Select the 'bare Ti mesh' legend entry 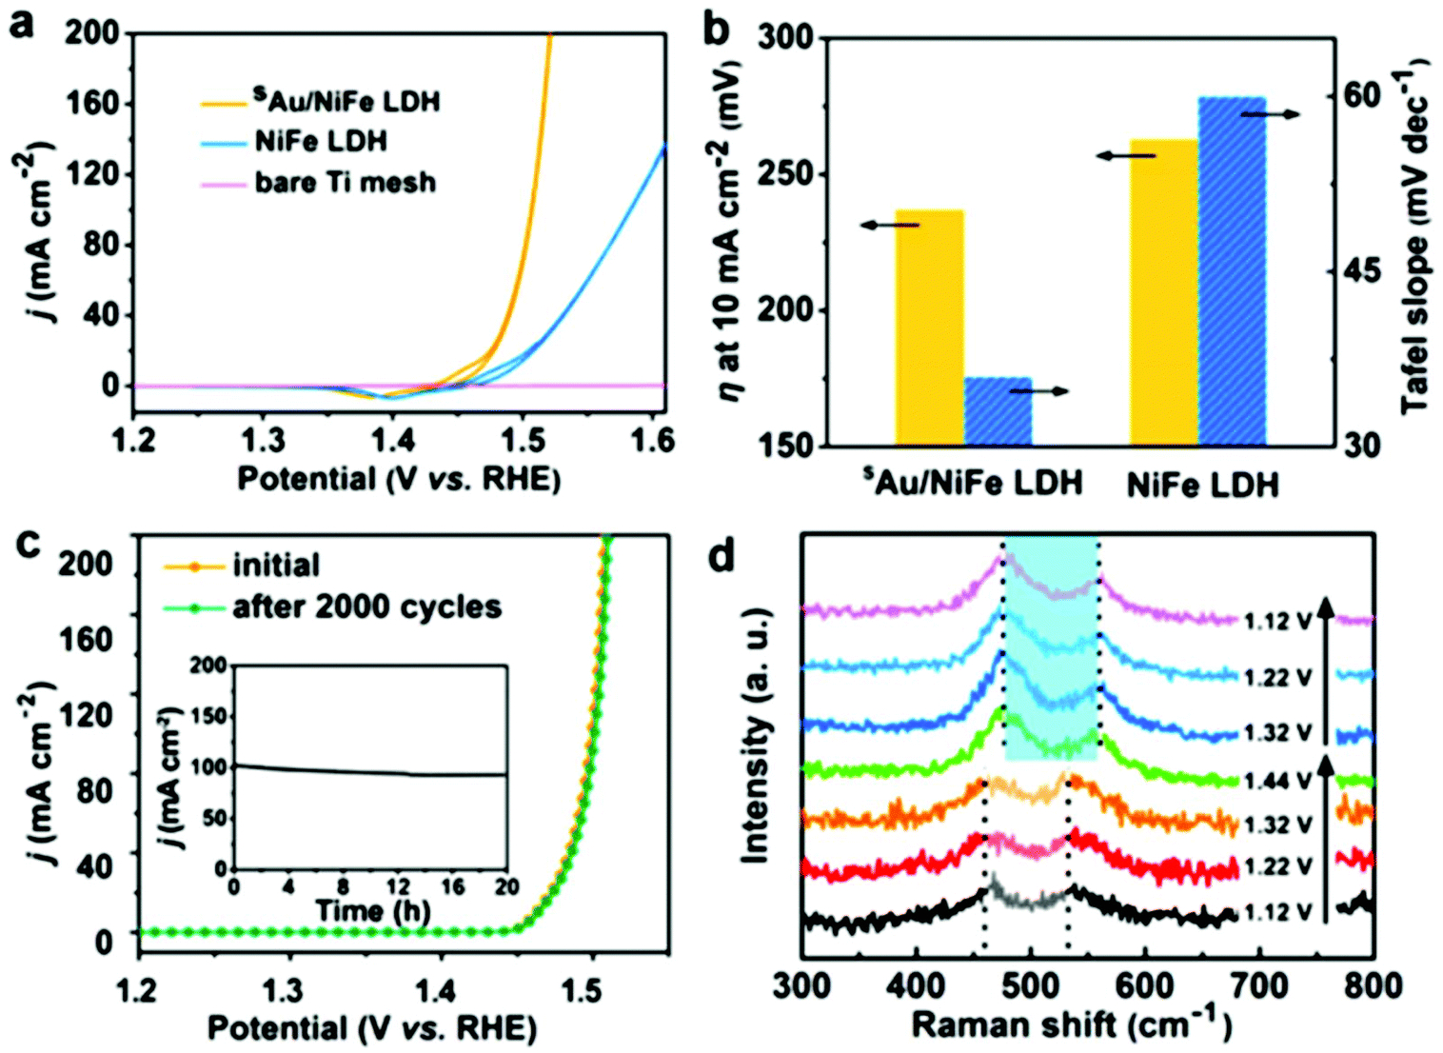(345, 182)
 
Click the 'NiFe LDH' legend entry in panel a (321, 142)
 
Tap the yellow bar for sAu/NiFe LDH (929, 328)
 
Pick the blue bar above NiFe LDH (1232, 271)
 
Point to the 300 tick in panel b (786, 38)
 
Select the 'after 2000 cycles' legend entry (366, 606)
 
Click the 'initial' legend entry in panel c (276, 566)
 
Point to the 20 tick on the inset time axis (506, 886)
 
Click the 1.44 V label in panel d (1277, 782)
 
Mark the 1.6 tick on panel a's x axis (653, 440)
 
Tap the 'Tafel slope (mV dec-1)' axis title (1415, 238)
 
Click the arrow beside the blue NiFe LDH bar (1271, 114)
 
